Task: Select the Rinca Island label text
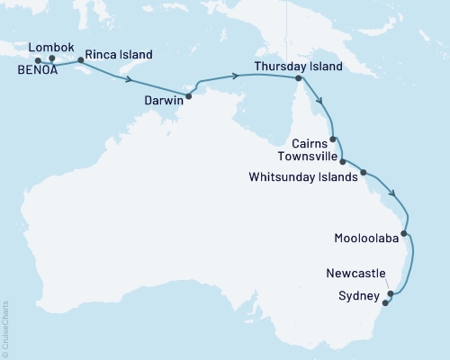tap(118, 53)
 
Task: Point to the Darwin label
tap(165, 102)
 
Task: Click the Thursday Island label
tap(298, 67)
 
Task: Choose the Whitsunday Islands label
tap(301, 176)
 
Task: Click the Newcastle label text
tap(357, 272)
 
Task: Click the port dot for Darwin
tap(189, 95)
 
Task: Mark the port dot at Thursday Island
tap(298, 78)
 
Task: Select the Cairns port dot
tap(334, 139)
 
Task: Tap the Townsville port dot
tap(343, 161)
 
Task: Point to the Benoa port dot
tap(38, 61)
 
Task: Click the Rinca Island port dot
tap(82, 60)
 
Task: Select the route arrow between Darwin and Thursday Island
tap(236, 76)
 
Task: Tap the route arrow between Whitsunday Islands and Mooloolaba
tap(393, 192)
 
